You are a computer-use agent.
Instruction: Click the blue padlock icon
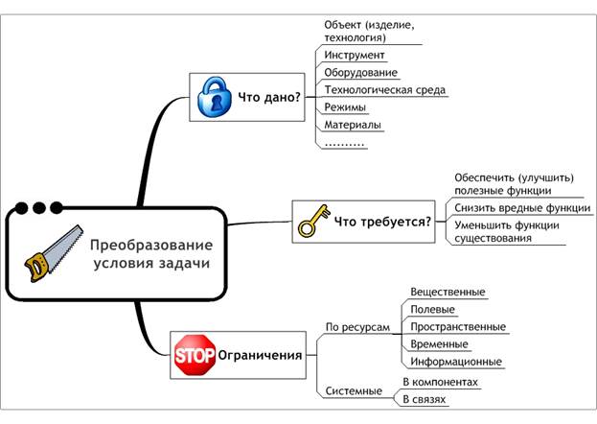click(x=215, y=97)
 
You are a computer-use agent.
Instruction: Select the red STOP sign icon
click(x=194, y=355)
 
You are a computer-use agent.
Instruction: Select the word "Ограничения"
click(x=261, y=355)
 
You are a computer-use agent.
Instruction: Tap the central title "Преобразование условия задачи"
click(x=150, y=253)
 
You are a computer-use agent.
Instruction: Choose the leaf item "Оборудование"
click(x=360, y=73)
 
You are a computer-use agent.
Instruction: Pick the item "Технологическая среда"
click(x=385, y=90)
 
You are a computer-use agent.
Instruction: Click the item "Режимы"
click(x=346, y=107)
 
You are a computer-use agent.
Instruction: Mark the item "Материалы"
click(x=353, y=125)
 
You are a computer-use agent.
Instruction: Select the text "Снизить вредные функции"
click(x=522, y=208)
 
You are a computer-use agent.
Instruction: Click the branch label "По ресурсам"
click(x=357, y=327)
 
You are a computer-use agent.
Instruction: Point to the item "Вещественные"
click(x=448, y=292)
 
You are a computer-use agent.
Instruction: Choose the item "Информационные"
click(x=455, y=362)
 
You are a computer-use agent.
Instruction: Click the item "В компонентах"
click(x=440, y=381)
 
